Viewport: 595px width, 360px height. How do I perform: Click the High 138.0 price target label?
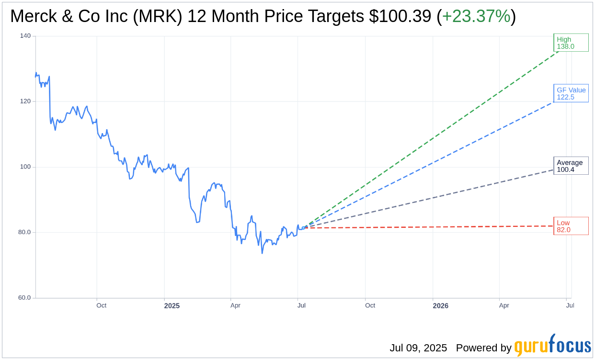(x=571, y=43)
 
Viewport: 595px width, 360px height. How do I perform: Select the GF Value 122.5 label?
(x=571, y=93)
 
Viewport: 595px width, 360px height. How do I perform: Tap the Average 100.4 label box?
(x=571, y=166)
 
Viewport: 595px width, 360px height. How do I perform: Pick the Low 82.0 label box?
(x=571, y=226)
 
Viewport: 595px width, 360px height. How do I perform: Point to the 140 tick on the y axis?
(x=25, y=36)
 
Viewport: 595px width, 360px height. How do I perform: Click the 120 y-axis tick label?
(x=25, y=101)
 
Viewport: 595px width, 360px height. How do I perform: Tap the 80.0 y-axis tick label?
(x=24, y=232)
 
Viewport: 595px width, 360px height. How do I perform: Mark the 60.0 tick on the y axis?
(x=24, y=298)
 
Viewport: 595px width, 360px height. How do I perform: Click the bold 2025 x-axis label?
(x=172, y=305)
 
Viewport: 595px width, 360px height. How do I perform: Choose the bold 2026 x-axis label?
(x=440, y=305)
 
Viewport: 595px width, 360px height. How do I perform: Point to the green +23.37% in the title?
(x=476, y=17)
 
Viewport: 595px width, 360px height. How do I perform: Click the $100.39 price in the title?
(x=400, y=17)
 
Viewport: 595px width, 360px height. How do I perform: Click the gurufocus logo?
(x=552, y=346)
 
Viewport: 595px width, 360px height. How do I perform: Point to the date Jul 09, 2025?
(x=418, y=348)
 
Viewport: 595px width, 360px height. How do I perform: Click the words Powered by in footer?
(x=483, y=348)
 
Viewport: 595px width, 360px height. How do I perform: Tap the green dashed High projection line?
(x=431, y=139)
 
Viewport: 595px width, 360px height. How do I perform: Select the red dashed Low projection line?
(x=431, y=227)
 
